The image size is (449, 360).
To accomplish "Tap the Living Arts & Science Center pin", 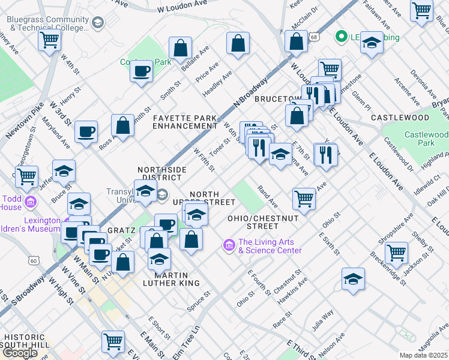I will coord(228,245).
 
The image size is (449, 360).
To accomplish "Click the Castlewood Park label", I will coord(425,139).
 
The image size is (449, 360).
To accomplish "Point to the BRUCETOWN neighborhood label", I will coord(277,98).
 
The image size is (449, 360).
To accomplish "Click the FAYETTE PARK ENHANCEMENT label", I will coord(184,122).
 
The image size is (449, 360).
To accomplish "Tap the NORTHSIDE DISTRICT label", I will coord(162,174).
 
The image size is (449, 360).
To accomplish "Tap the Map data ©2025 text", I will coord(424,355).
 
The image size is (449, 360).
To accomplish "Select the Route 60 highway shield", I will coord(34,260).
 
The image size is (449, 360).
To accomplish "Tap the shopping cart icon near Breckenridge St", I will coord(396,252).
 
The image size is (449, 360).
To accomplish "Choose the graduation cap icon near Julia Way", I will coord(353,278).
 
